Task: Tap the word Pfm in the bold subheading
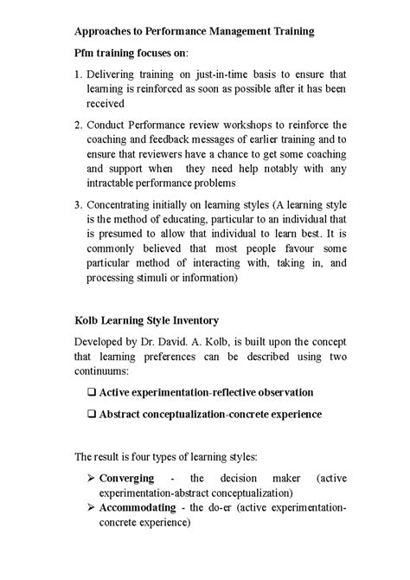click(x=86, y=52)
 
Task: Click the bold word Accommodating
click(x=138, y=507)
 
